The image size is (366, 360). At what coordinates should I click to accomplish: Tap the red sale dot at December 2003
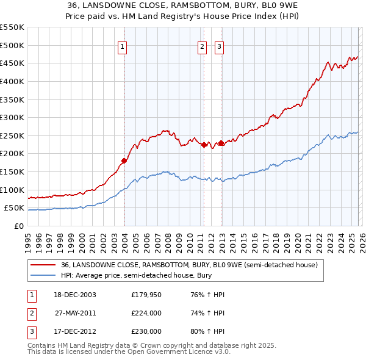coord(124,161)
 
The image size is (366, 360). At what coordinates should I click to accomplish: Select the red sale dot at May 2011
coord(204,145)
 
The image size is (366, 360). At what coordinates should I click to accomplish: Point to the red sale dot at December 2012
coord(221,143)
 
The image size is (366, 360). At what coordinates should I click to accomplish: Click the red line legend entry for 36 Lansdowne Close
coord(189,265)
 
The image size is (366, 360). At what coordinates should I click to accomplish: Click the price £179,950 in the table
coord(146,295)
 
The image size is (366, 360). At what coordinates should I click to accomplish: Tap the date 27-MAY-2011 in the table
coord(75,313)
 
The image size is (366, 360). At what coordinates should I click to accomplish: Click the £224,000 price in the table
coord(146,313)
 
